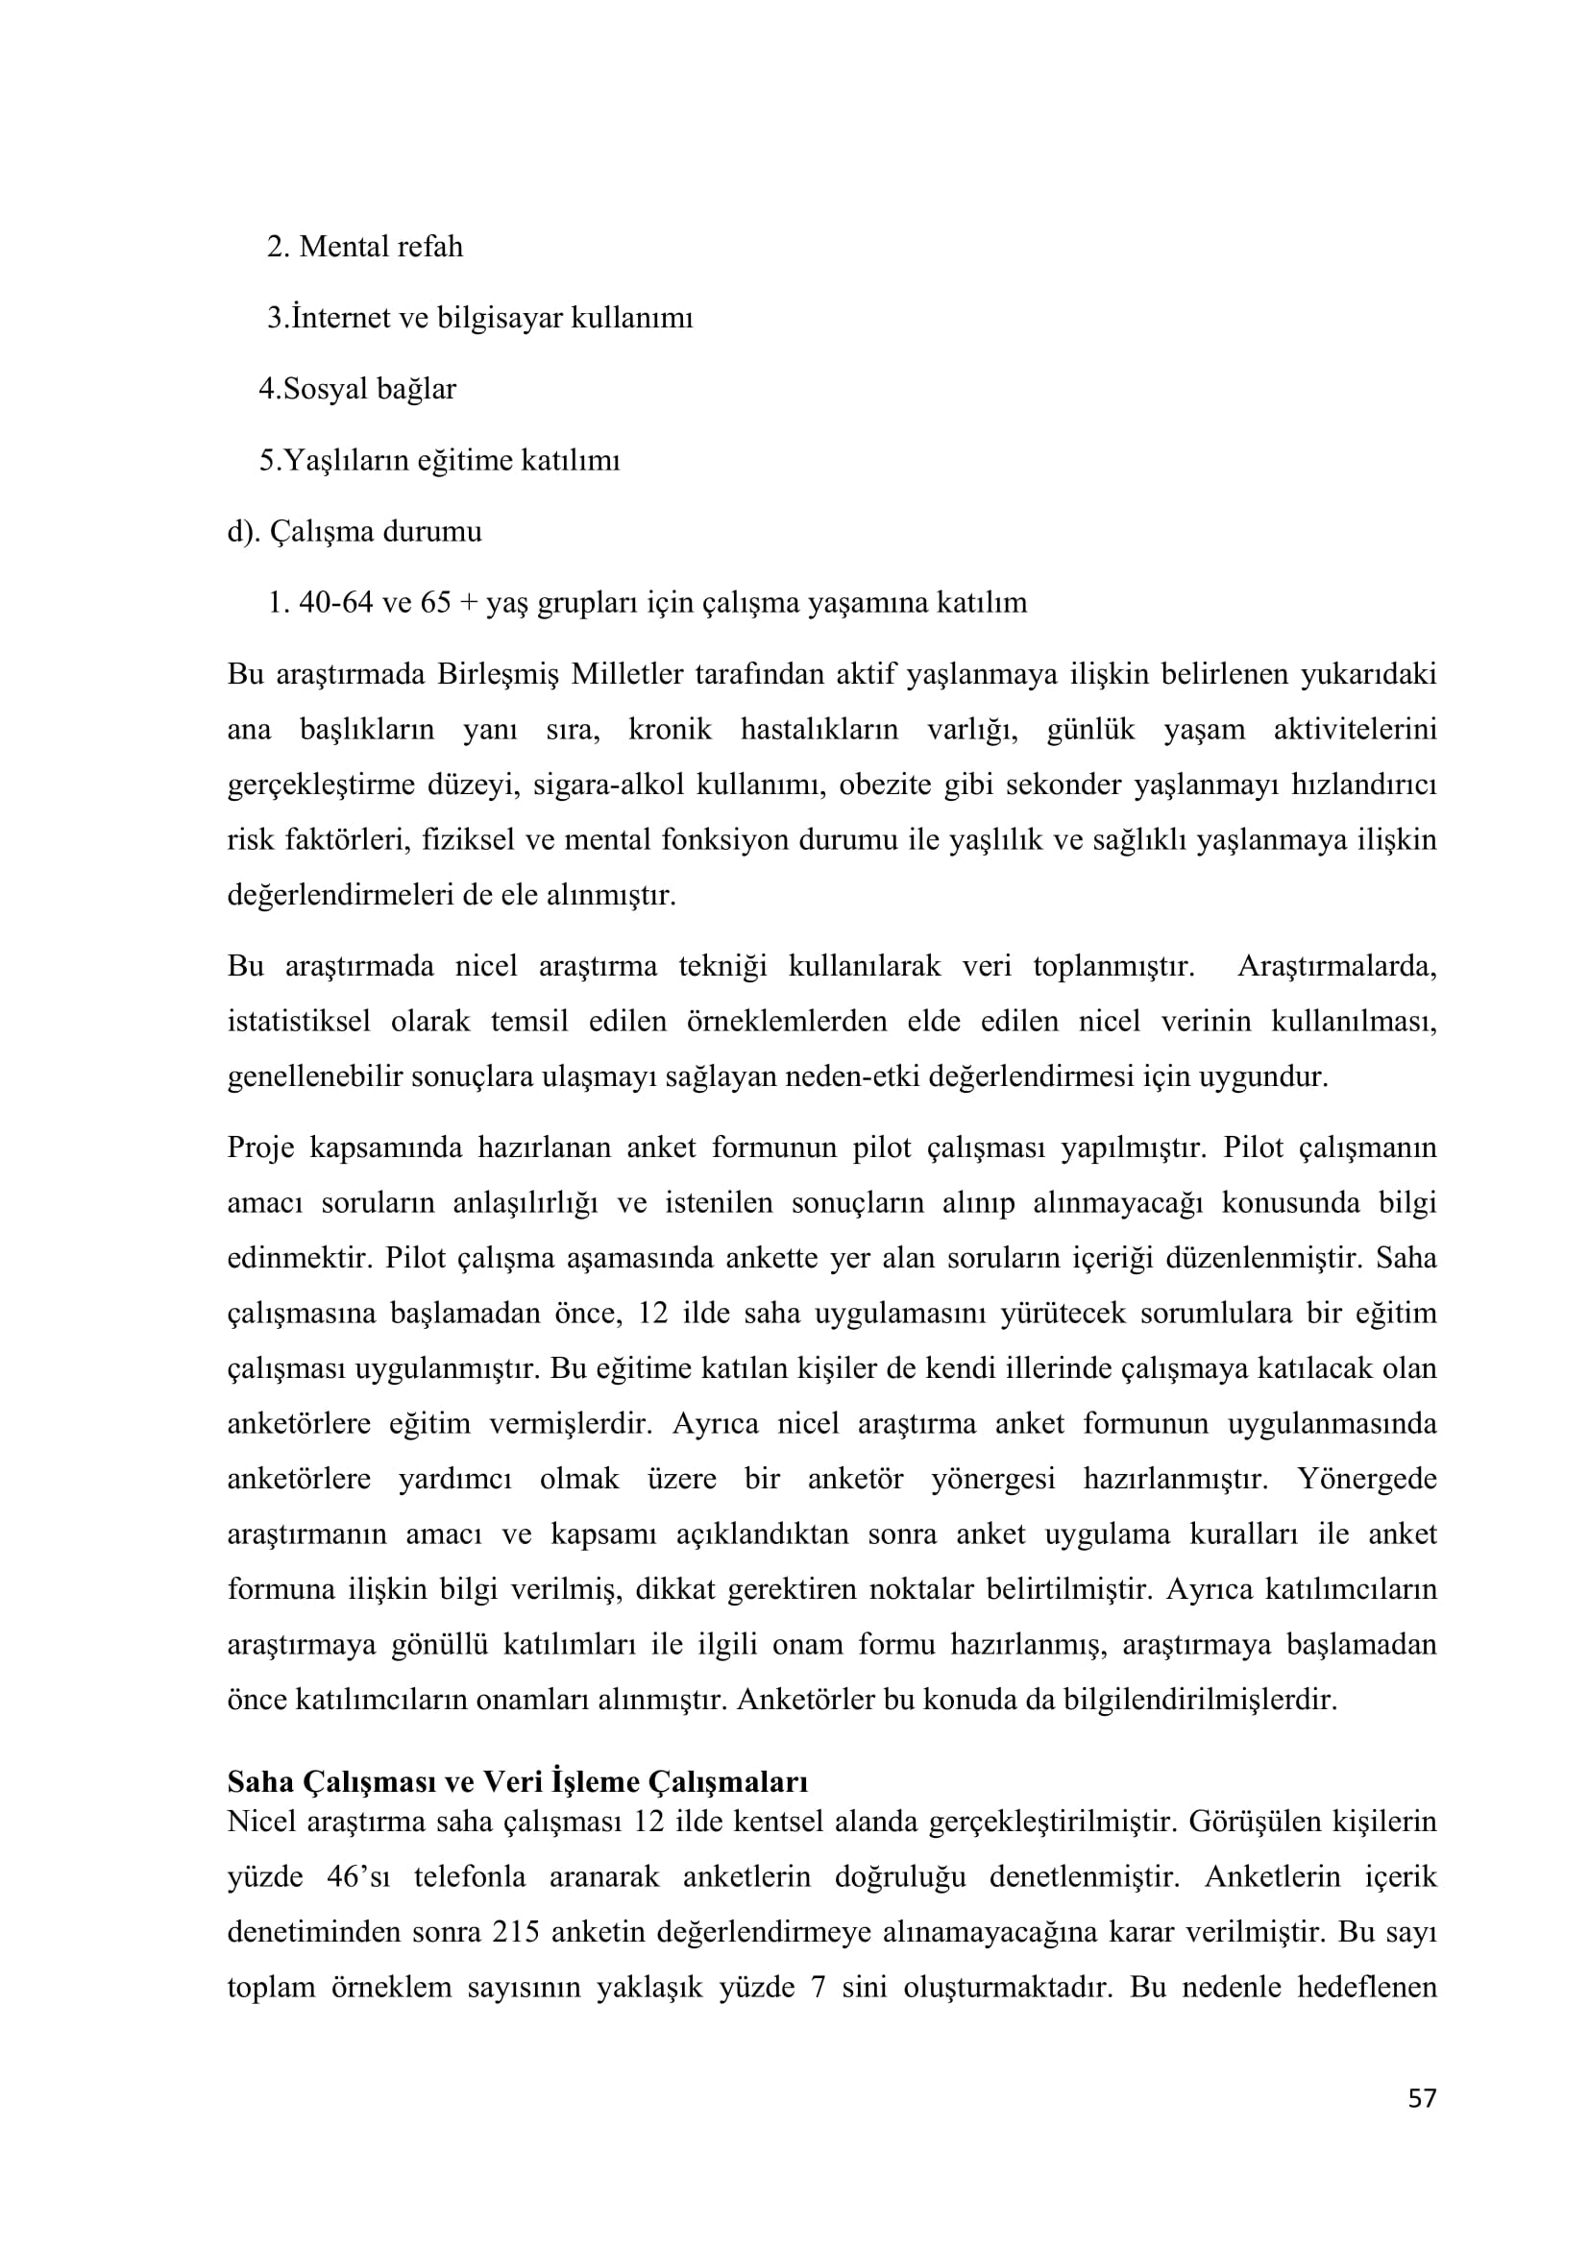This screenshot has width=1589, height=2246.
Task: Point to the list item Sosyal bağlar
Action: (358, 389)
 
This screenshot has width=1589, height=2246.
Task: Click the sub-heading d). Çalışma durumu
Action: (355, 532)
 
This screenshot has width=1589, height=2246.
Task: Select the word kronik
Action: (670, 730)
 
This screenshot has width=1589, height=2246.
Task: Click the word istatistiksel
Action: (299, 1022)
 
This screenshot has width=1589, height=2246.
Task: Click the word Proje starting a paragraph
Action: (260, 1147)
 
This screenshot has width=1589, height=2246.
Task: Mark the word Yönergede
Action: (1367, 1478)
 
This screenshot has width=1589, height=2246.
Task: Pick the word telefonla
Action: (470, 1877)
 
